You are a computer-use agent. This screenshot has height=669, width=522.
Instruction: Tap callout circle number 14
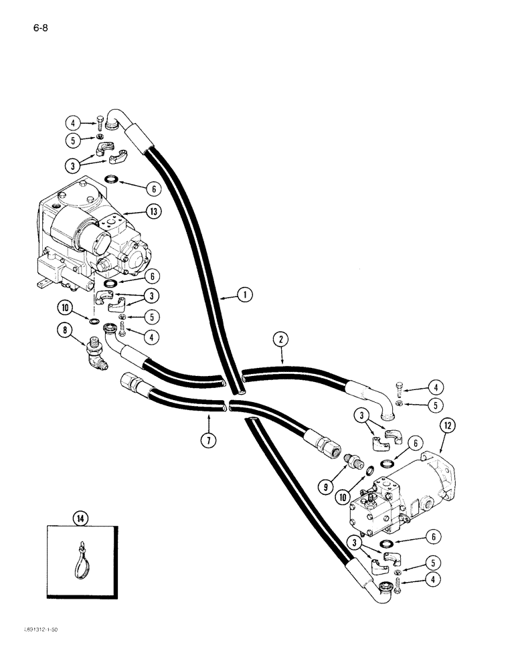click(x=80, y=516)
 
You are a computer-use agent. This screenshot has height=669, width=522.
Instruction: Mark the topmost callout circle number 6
click(x=154, y=189)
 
